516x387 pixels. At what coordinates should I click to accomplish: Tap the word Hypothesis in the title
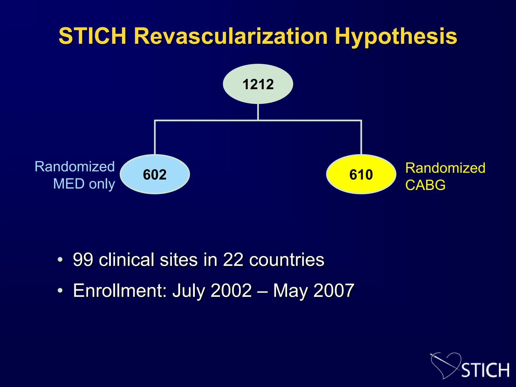(396, 37)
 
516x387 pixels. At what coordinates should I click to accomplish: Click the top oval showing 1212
(258, 84)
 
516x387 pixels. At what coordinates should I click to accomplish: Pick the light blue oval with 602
(155, 174)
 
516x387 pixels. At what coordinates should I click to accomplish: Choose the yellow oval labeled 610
(361, 174)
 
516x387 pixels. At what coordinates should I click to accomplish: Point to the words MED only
(84, 184)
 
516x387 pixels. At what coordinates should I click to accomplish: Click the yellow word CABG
(425, 185)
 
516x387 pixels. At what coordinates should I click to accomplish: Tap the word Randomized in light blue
(75, 167)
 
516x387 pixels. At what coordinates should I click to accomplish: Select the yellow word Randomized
(445, 168)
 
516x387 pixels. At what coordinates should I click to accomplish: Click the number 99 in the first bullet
(83, 260)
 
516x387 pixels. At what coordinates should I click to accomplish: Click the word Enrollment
(120, 291)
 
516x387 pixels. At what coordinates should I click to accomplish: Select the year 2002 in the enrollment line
(231, 291)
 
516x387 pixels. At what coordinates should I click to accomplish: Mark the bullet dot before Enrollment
(60, 291)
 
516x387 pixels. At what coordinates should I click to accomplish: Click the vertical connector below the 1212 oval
(258, 112)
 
